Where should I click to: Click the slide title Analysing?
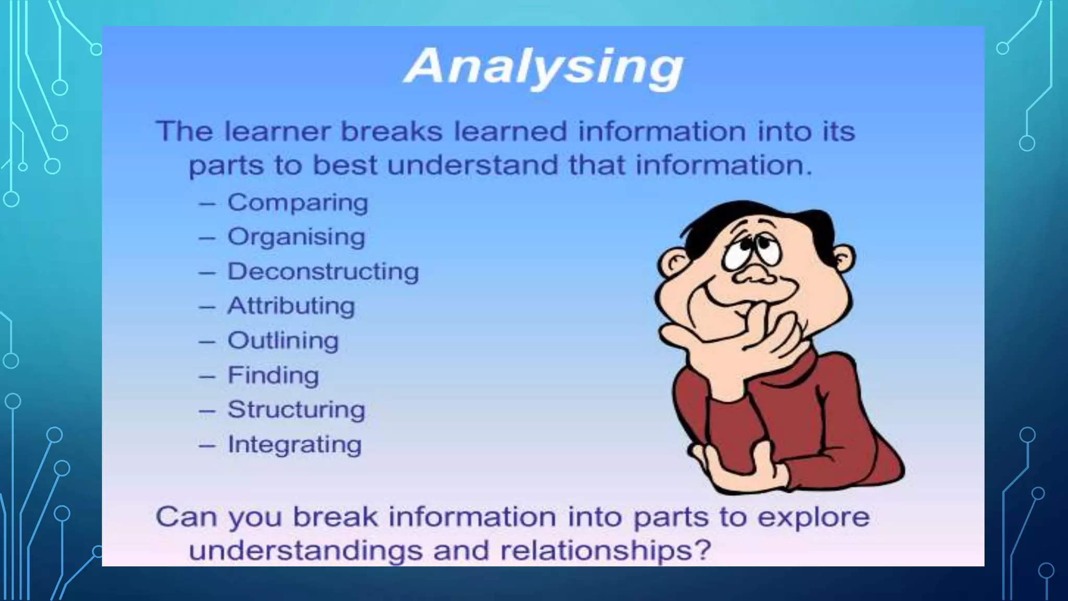point(543,67)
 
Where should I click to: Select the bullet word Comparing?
point(298,202)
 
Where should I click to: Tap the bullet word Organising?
point(296,237)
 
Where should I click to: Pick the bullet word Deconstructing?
point(323,271)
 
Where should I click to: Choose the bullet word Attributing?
point(291,306)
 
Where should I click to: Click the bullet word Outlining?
point(283,341)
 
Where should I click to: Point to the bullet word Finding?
point(273,375)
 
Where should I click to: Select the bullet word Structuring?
point(296,410)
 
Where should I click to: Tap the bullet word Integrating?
point(295,444)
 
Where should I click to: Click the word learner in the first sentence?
point(277,131)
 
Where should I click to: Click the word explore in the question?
point(813,517)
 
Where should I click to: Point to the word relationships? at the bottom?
point(605,550)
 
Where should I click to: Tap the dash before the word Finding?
point(207,376)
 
